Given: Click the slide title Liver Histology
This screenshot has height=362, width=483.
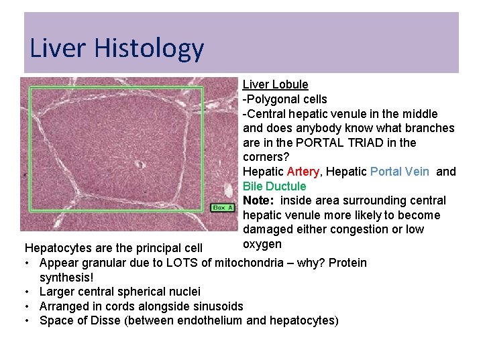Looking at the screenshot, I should (116, 48).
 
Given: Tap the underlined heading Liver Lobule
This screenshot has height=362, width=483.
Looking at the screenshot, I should (275, 84).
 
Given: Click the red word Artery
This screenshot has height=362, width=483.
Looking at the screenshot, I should (303, 172).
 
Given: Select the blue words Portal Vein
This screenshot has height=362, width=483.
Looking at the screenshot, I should (400, 172).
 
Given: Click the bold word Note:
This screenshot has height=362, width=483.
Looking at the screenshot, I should (258, 200).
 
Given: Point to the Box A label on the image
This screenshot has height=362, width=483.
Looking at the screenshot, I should (223, 208).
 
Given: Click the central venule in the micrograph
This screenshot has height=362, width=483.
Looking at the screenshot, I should (139, 164).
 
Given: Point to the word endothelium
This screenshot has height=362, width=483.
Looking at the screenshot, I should (210, 320).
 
